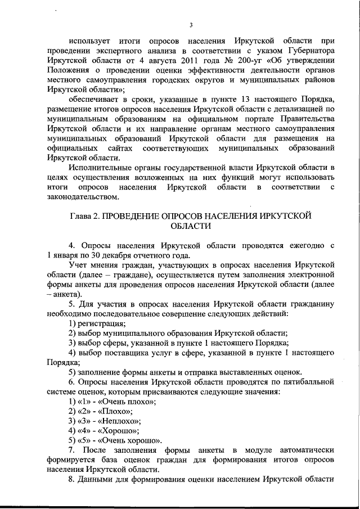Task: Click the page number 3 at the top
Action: click(x=191, y=25)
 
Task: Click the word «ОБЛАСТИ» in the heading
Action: click(x=191, y=226)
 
